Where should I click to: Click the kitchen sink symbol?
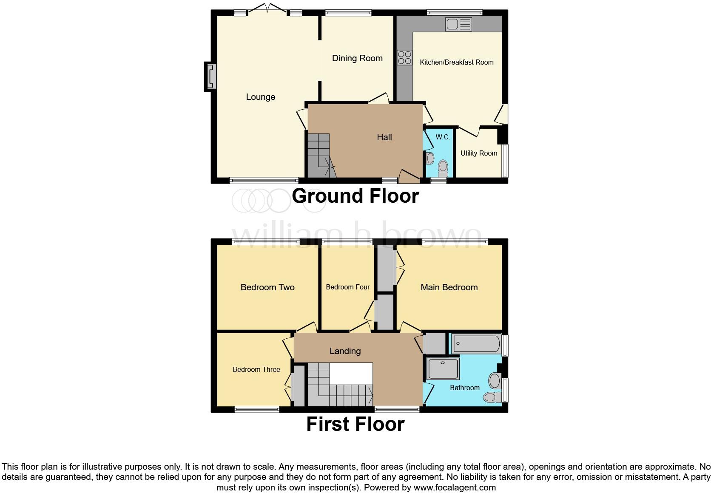tap(458, 24)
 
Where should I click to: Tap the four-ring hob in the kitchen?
tap(404, 57)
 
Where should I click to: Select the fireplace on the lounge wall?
tap(210, 76)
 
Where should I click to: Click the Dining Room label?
tap(357, 58)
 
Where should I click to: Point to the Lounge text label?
tap(260, 97)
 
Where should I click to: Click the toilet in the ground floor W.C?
tap(443, 168)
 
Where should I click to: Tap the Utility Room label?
tap(478, 153)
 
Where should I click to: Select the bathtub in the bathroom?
tap(476, 344)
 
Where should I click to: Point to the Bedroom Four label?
tap(347, 287)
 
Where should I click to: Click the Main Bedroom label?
tap(449, 287)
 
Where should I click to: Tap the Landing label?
tap(345, 351)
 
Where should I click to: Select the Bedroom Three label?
tap(256, 369)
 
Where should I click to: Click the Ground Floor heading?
tap(355, 196)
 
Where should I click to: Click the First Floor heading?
tap(355, 424)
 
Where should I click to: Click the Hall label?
tap(384, 137)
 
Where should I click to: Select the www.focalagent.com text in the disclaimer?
tap(455, 487)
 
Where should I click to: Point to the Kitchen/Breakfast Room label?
tap(456, 62)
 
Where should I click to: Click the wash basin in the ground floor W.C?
tap(429, 159)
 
